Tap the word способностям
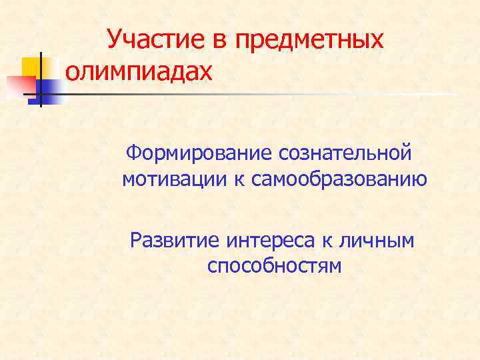[274, 266]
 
